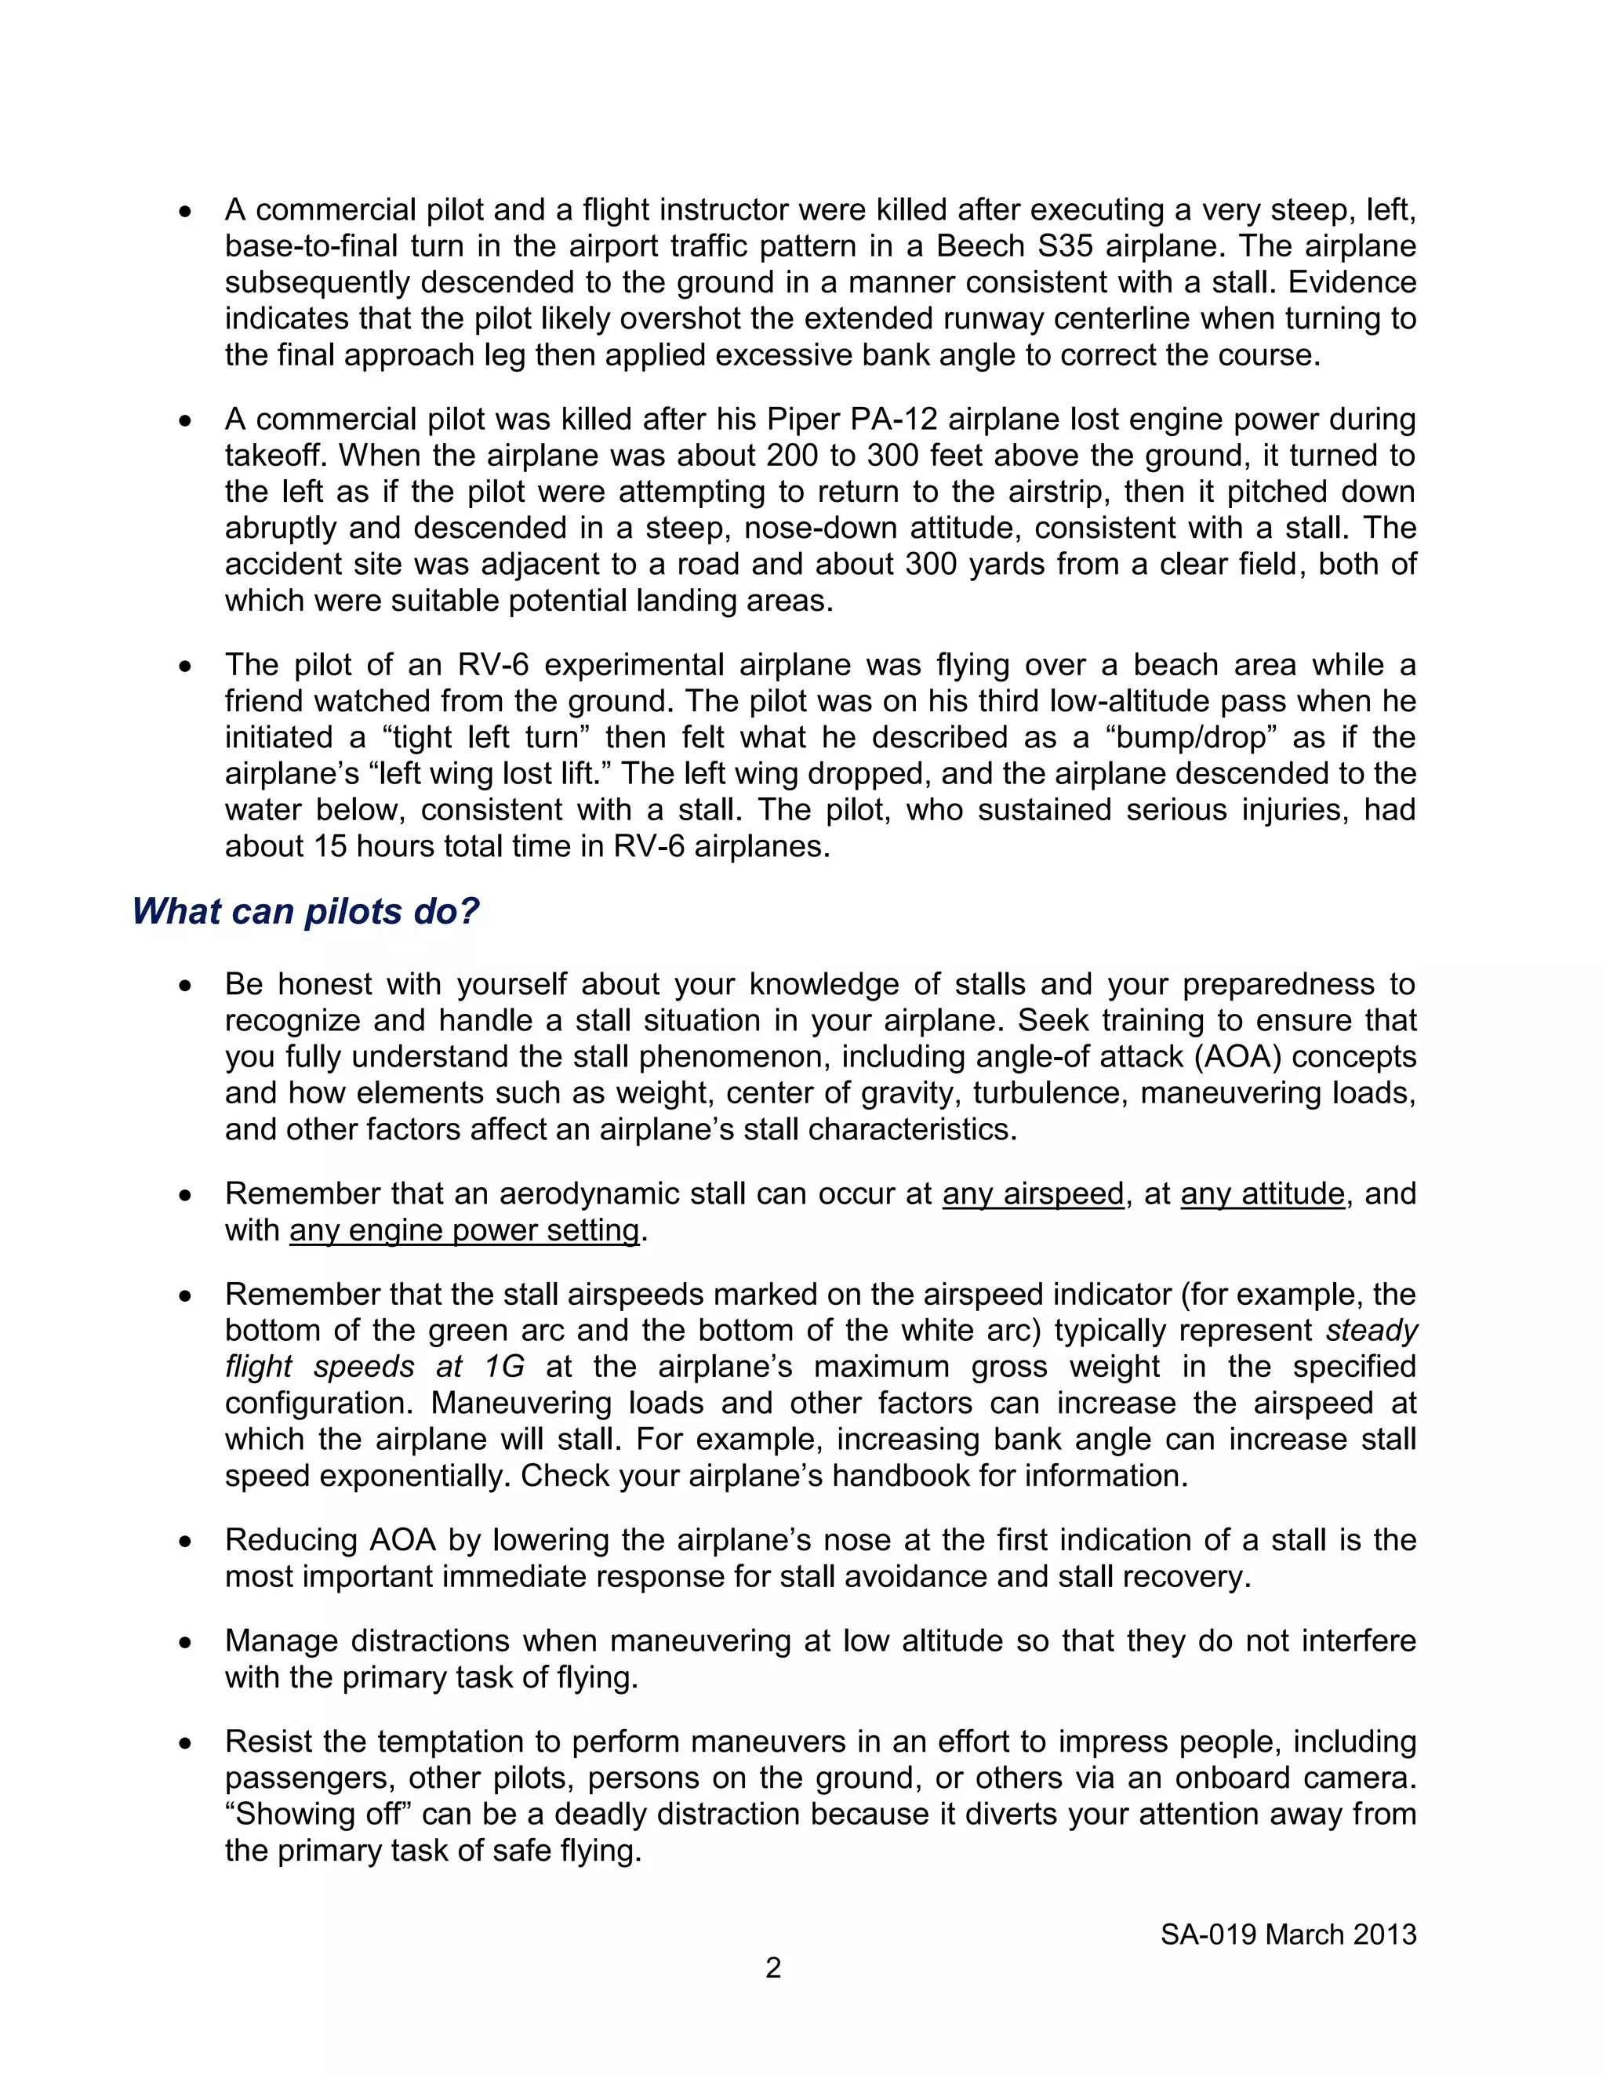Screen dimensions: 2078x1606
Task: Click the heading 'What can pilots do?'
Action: (x=305, y=911)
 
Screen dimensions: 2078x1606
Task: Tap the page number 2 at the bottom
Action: (x=773, y=1967)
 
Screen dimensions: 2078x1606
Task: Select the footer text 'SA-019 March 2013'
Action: (x=1288, y=1935)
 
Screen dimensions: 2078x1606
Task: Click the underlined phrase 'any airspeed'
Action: (x=1034, y=1193)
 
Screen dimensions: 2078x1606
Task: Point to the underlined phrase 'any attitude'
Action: (x=1263, y=1193)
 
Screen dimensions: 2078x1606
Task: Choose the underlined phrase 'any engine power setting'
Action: (x=464, y=1230)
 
